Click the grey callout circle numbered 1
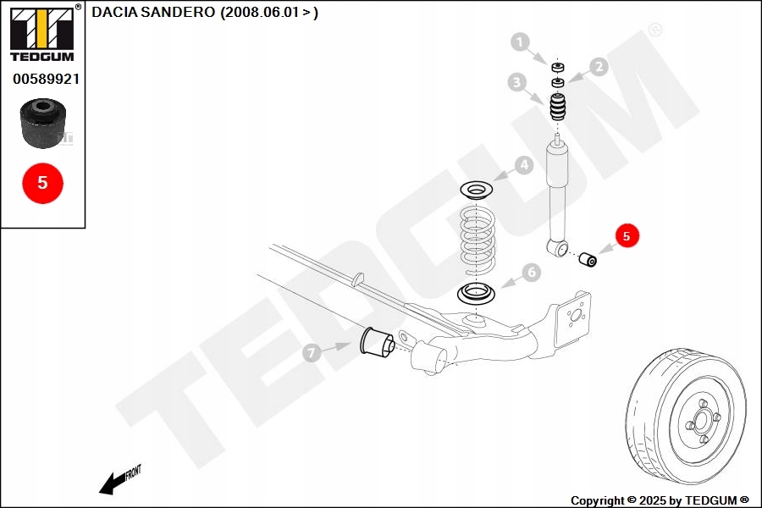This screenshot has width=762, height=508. [x=520, y=41]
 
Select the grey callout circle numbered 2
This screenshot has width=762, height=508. [x=599, y=67]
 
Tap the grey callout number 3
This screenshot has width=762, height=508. [x=516, y=82]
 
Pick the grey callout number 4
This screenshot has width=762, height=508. [x=525, y=165]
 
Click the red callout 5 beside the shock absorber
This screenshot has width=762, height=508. [x=627, y=236]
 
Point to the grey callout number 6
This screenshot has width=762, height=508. [x=531, y=272]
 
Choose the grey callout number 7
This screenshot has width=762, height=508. [x=311, y=351]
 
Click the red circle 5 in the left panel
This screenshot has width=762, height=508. [x=42, y=182]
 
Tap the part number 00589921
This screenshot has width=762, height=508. [x=46, y=79]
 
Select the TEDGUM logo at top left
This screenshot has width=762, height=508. [x=41, y=34]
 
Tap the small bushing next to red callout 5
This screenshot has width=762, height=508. [x=588, y=257]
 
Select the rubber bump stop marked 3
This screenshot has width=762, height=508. [x=558, y=108]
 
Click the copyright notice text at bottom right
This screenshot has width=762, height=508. [x=660, y=500]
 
